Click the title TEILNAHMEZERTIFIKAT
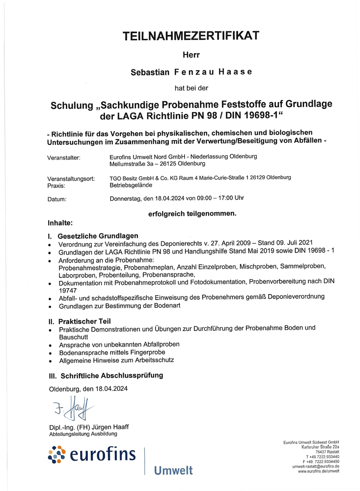pyautogui.click(x=191, y=35)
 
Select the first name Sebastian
pyautogui.click(x=150, y=72)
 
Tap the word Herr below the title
pyautogui.click(x=191, y=55)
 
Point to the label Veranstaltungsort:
pyautogui.click(x=71, y=179)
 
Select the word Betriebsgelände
pyautogui.click(x=131, y=185)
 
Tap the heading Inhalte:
pyautogui.click(x=60, y=222)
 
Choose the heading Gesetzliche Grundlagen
pyautogui.click(x=98, y=236)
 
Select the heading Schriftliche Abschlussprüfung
pyautogui.click(x=111, y=376)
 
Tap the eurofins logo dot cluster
pyautogui.click(x=57, y=455)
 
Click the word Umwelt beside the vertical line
pyautogui.click(x=173, y=471)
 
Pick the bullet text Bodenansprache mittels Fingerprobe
pyautogui.click(x=112, y=352)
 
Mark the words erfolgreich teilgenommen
pyautogui.click(x=192, y=214)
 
